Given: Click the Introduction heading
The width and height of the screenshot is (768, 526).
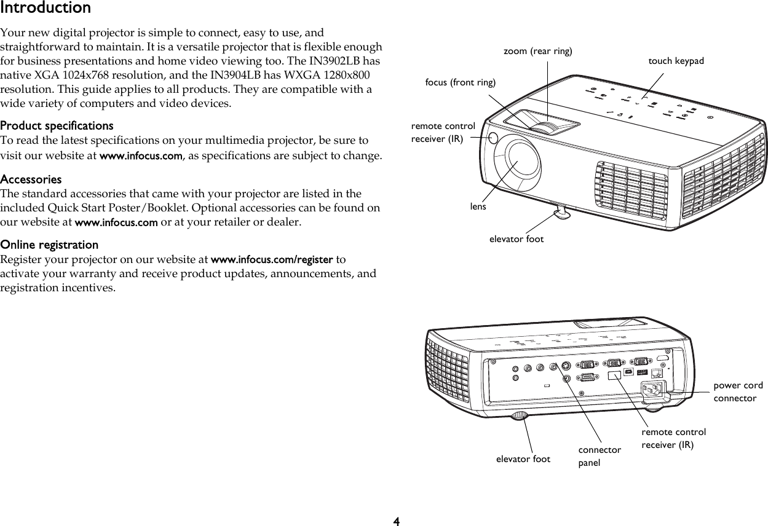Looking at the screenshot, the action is (x=46, y=8).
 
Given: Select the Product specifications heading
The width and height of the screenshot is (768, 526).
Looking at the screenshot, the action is (x=57, y=125).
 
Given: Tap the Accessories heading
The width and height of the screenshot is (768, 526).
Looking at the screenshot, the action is (x=31, y=180).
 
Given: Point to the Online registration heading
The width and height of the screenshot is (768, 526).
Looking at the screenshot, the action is (x=49, y=245).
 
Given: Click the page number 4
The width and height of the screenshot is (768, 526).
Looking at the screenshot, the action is (x=396, y=521).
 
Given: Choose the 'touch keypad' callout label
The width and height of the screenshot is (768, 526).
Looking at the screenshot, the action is (x=676, y=61).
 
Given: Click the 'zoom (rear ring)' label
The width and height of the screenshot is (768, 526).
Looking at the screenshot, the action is (x=537, y=51).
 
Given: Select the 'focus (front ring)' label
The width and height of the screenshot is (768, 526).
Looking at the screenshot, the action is (x=460, y=82).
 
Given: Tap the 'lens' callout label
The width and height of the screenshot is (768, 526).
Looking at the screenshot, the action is (x=478, y=206).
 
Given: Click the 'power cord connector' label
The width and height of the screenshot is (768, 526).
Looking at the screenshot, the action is (x=737, y=392).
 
